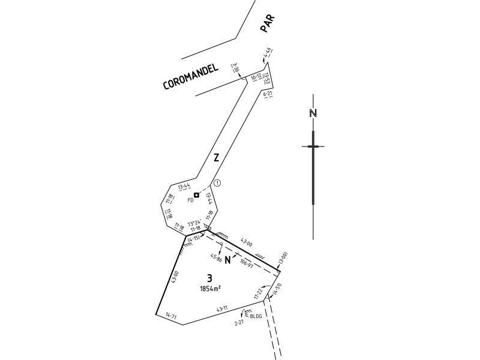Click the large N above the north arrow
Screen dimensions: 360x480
click(313, 114)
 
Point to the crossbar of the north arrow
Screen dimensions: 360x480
click(313, 146)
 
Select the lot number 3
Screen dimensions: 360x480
click(209, 278)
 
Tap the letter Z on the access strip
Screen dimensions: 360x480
click(216, 158)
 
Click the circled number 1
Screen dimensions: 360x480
click(217, 183)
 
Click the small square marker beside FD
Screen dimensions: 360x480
click(196, 196)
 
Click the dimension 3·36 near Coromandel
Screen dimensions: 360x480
click(236, 68)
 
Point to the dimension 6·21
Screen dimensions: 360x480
click(268, 94)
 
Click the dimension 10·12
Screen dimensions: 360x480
click(256, 78)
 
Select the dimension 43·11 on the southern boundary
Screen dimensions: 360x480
click(221, 308)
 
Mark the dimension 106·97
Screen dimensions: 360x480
click(247, 262)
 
